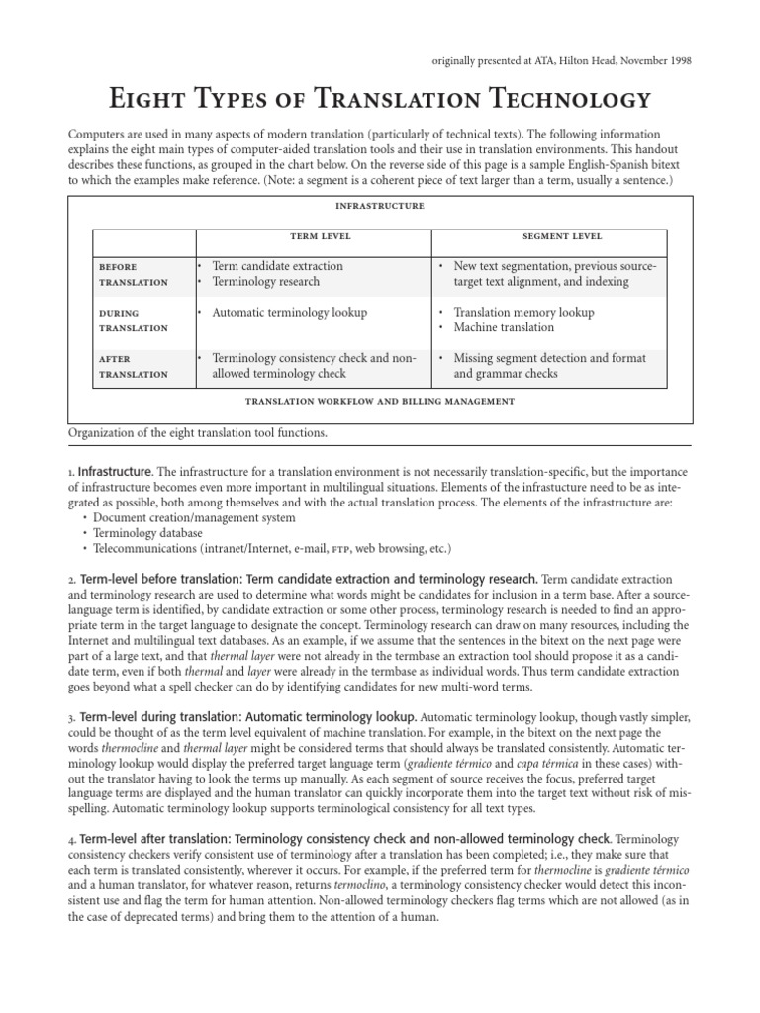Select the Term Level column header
tap(313, 237)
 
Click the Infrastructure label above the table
tap(380, 206)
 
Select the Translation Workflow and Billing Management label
tap(380, 402)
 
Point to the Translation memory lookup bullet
tap(523, 313)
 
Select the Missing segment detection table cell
tap(549, 366)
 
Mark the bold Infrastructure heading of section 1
tap(115, 471)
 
